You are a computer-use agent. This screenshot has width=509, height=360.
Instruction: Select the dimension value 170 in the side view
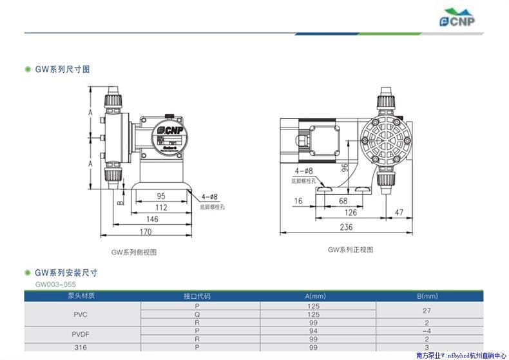[x=146, y=232]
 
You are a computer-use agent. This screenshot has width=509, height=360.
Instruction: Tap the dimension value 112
[x=160, y=207]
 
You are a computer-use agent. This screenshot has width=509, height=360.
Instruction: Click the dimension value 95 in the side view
[x=160, y=195]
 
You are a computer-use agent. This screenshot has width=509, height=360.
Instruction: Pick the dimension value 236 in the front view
[x=346, y=227]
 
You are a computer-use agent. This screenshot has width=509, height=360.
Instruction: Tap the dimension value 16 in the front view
[x=298, y=201]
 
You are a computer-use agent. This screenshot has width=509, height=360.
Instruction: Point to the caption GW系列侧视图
[x=134, y=252]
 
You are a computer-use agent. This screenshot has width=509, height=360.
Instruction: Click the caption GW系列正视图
[x=350, y=249]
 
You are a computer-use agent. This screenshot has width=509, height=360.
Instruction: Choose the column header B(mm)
[x=427, y=296]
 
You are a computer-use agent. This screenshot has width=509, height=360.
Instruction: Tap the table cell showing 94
[x=314, y=330]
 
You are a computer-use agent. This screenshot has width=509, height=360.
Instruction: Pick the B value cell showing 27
[x=427, y=310]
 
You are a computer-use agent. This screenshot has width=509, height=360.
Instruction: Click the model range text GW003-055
[x=57, y=284]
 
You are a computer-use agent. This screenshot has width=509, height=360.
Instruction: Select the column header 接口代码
[x=197, y=296]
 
